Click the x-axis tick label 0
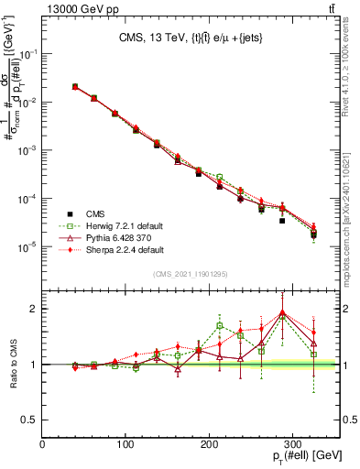(x=43, y=444)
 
